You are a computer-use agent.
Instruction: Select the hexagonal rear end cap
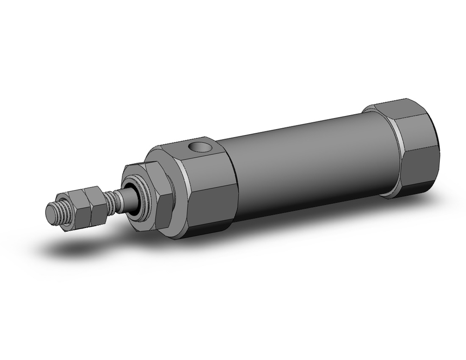415,149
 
